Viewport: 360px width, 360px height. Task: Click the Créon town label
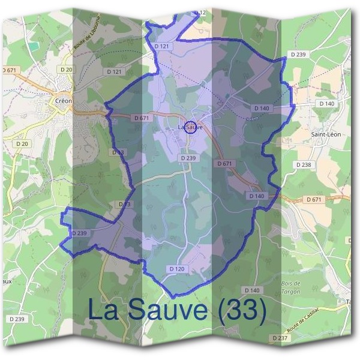coord(63,101)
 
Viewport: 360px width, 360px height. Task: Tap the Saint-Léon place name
coord(326,134)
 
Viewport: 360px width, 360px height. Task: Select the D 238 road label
coord(304,164)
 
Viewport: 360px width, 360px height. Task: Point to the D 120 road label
coord(177,268)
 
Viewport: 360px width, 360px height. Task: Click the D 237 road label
coord(280,338)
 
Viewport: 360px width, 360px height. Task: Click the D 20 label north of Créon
coord(66,70)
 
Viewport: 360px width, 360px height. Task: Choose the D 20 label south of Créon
coord(22,144)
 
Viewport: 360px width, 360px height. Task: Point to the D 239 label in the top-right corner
coord(298,55)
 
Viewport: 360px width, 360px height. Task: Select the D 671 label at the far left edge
coord(9,70)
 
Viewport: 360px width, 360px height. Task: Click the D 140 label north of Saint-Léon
coord(326,104)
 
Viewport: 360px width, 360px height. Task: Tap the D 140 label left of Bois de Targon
coord(252,290)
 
